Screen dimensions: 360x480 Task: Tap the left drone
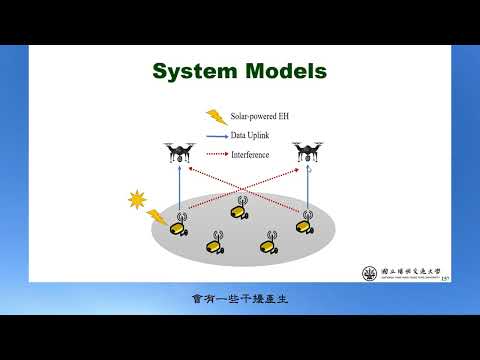pos(180,152)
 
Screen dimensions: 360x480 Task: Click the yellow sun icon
pos(136,199)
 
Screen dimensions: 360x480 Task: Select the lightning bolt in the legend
pos(214,117)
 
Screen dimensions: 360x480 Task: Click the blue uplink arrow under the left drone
pos(180,190)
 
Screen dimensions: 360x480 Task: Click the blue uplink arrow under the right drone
pos(307,190)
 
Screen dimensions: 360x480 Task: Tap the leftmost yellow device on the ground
pos(179,227)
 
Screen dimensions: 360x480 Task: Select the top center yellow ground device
pos(239,209)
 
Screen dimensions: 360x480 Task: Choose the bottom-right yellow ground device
pos(269,241)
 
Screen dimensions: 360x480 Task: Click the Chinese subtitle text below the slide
pos(239,298)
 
